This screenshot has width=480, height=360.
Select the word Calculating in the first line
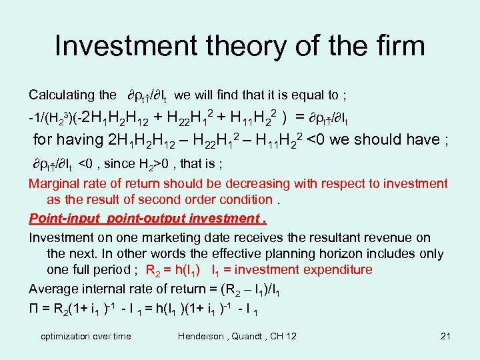click(61, 95)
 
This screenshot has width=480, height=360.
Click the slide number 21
click(446, 336)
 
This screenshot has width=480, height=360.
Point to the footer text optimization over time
click(86, 336)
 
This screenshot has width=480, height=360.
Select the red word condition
click(244, 199)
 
